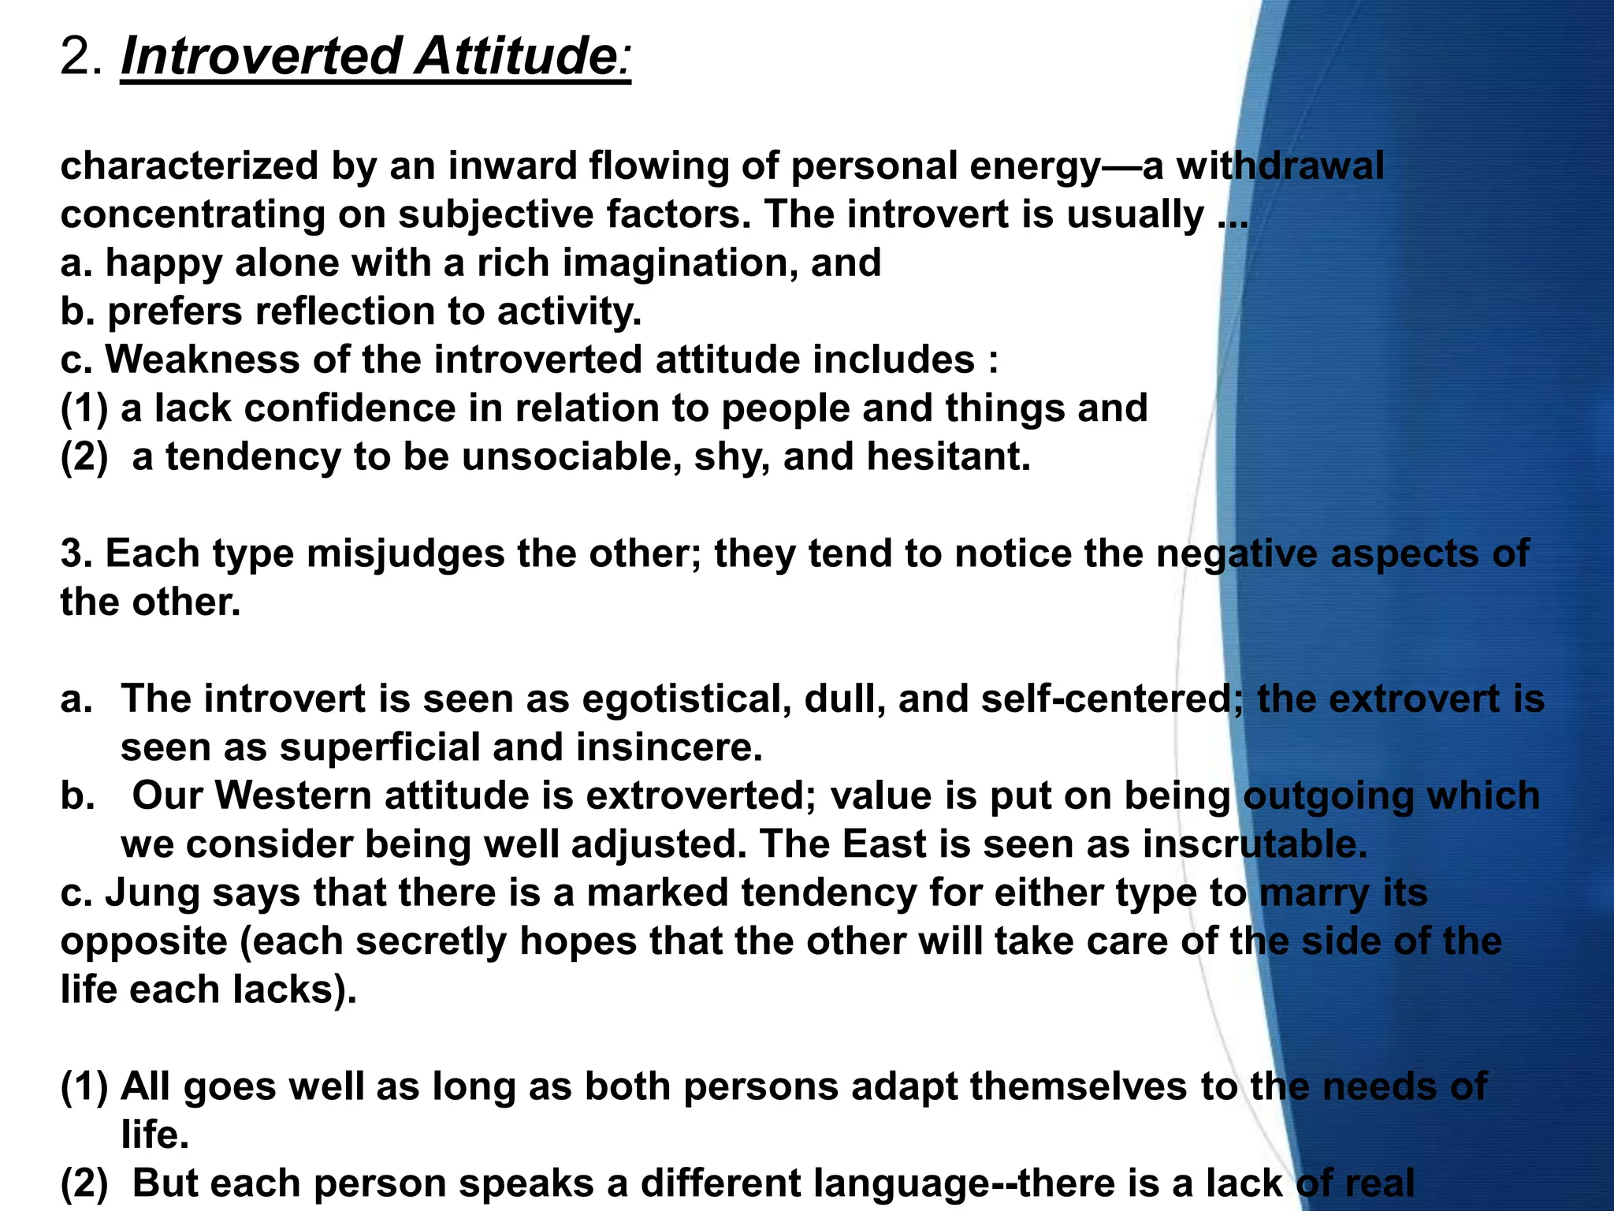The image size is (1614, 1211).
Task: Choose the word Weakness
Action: tap(203, 360)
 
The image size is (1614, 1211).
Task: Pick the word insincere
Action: tap(669, 747)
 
